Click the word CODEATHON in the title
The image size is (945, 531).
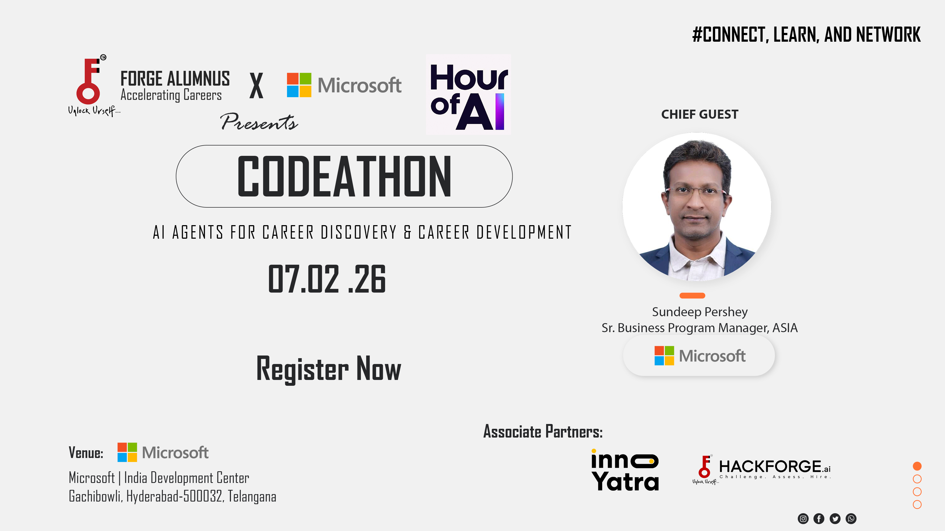(x=344, y=176)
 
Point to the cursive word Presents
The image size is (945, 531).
(x=259, y=122)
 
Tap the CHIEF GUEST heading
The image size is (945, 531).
(x=699, y=114)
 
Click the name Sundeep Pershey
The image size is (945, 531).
(x=699, y=312)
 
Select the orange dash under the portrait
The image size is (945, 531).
(x=692, y=295)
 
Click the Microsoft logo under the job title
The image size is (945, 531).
(x=699, y=356)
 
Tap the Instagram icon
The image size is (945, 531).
(x=803, y=519)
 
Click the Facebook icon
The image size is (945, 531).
(x=819, y=519)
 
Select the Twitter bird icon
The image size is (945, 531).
(x=835, y=519)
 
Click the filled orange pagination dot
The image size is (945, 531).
(x=917, y=466)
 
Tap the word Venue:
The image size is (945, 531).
(x=86, y=453)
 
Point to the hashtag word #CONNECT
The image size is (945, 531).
(x=730, y=35)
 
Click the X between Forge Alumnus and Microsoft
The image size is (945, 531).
(x=256, y=85)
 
